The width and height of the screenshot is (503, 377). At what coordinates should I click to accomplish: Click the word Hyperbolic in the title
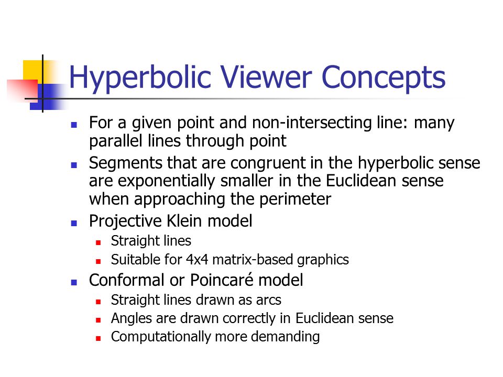(x=140, y=78)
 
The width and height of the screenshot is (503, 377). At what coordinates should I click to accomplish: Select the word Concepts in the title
(x=384, y=78)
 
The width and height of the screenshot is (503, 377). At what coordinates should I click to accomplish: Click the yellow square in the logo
(x=34, y=72)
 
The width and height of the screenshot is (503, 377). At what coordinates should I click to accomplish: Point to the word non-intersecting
(x=312, y=123)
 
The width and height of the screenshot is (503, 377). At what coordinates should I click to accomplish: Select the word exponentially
(x=167, y=182)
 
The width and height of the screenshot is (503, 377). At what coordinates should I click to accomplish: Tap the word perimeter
(x=295, y=199)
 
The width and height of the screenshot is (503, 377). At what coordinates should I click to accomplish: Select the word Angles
(x=132, y=319)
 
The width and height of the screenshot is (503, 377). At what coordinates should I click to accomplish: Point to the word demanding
(x=285, y=337)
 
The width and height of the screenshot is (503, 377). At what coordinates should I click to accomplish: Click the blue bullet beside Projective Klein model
(x=74, y=223)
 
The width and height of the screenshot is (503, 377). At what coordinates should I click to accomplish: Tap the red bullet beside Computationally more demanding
(x=98, y=338)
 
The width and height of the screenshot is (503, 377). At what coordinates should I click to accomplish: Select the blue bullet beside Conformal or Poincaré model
(x=74, y=282)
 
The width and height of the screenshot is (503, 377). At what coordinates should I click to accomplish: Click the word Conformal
(x=127, y=280)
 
